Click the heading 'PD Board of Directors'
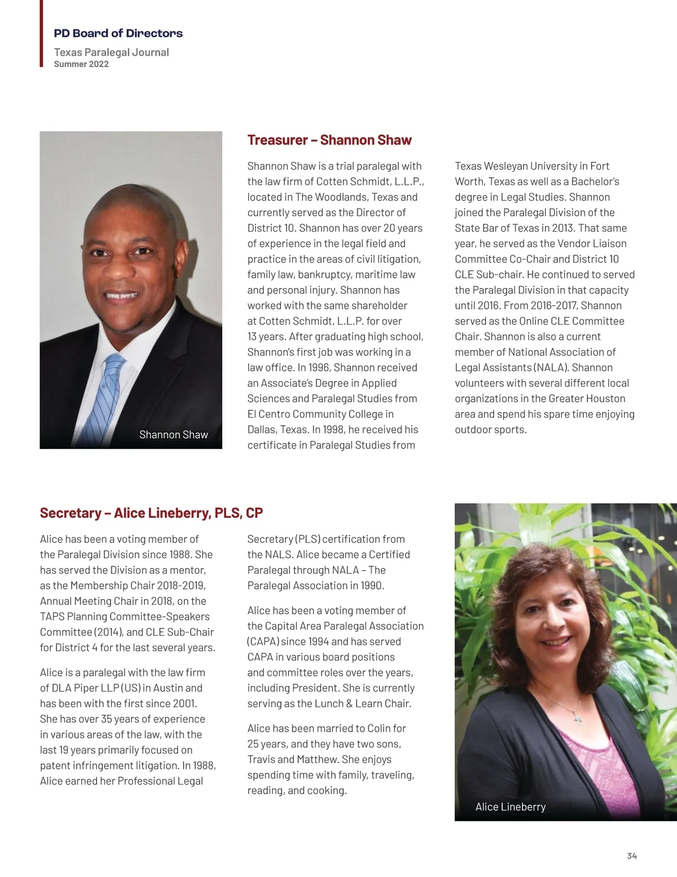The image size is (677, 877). click(118, 33)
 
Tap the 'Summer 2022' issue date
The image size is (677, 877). click(81, 64)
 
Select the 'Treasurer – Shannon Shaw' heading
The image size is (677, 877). click(329, 140)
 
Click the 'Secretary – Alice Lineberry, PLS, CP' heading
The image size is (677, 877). click(151, 513)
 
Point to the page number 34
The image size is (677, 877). click(632, 856)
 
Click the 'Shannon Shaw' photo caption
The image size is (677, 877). click(173, 435)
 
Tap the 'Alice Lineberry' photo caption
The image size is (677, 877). click(510, 807)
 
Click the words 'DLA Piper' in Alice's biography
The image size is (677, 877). click(75, 688)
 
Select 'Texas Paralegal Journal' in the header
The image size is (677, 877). click(111, 53)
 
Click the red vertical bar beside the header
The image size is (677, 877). click(41, 33)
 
